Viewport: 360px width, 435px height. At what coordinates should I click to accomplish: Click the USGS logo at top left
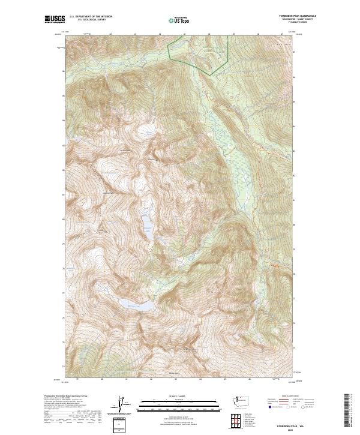55,19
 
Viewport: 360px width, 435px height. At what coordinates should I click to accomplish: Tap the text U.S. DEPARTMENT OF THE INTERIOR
91,17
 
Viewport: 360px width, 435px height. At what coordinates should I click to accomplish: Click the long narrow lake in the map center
146,224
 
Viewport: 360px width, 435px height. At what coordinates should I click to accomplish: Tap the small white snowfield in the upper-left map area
145,129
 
